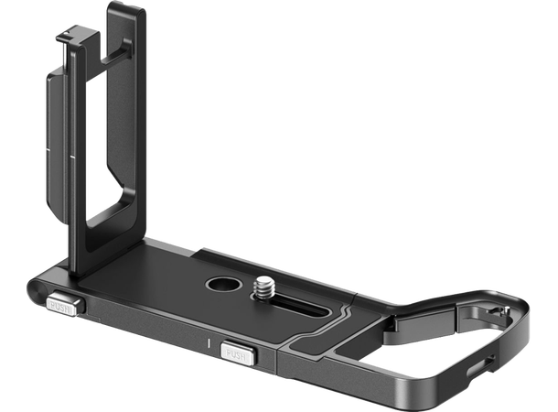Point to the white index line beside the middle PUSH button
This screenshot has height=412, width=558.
209,346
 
